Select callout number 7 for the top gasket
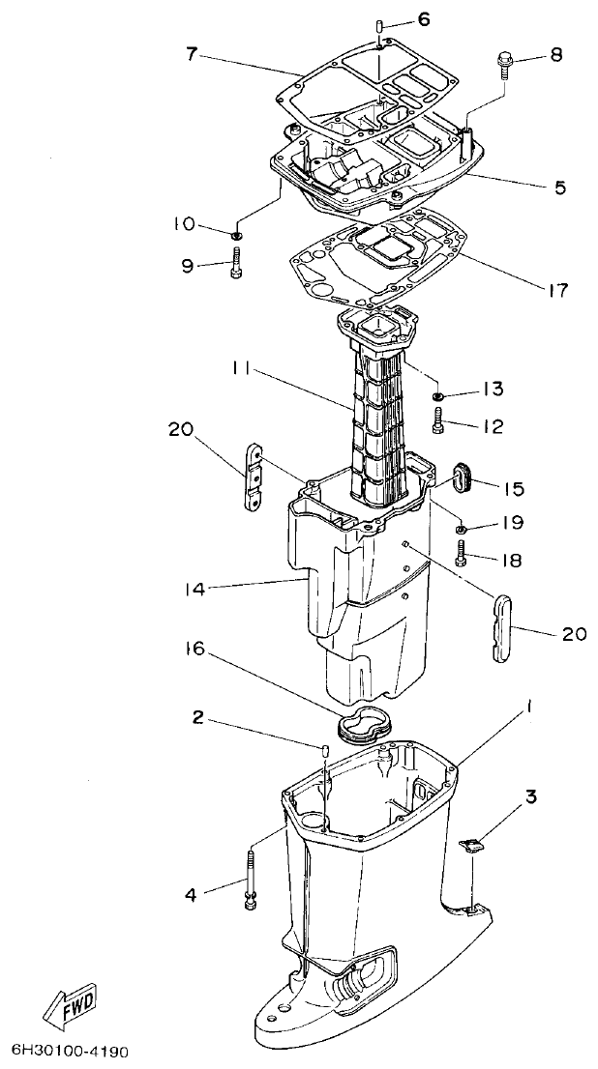pos(193,54)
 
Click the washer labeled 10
pos(237,232)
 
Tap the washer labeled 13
pos(438,394)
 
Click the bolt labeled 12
pos(441,420)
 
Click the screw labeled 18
pos(462,554)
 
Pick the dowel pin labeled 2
pos(326,754)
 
